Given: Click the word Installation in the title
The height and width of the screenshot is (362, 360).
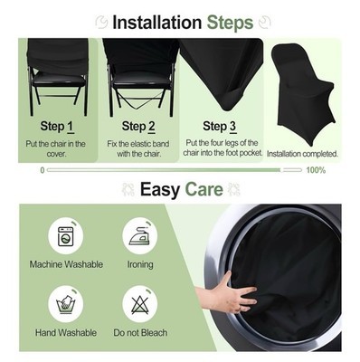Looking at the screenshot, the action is [x=156, y=23].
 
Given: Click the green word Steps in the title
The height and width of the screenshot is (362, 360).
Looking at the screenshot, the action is [x=230, y=23].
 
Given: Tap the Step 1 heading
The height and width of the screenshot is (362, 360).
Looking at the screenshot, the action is [x=57, y=127].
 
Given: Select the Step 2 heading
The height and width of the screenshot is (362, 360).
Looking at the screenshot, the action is [x=138, y=127].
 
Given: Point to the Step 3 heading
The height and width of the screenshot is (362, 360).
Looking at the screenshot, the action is [x=220, y=127].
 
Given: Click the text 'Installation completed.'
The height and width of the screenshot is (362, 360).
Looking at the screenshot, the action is [x=302, y=154].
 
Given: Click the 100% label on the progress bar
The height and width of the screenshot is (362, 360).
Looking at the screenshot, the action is [x=316, y=170].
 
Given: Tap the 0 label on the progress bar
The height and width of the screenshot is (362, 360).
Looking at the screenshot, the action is [x=43, y=170].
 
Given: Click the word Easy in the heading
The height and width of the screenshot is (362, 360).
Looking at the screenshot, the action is [x=160, y=189].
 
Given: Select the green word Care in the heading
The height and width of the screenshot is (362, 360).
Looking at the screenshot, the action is [x=204, y=189].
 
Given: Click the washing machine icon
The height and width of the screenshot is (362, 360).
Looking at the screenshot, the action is [x=66, y=236].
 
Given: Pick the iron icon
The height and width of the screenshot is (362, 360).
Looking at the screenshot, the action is [x=139, y=236].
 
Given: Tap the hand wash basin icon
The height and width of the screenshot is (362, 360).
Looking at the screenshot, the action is [x=65, y=305].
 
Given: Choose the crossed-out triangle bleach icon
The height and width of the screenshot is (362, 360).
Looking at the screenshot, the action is [x=139, y=305].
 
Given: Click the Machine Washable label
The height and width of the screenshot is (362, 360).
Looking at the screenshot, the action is [x=66, y=264].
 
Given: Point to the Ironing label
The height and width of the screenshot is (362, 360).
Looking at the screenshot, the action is [x=140, y=265].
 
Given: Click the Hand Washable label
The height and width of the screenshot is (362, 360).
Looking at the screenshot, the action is [x=66, y=333].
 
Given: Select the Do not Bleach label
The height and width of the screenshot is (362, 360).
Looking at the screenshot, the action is [x=140, y=333].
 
